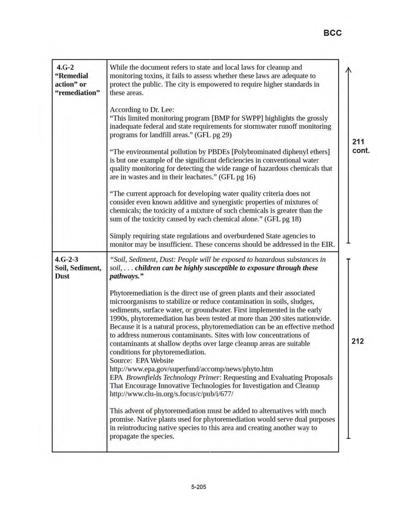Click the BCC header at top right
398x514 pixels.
coord(332,33)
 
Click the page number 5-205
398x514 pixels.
coord(199,487)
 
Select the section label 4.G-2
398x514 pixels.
coord(68,67)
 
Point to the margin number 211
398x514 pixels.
coord(359,142)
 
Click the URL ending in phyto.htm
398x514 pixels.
coord(191,369)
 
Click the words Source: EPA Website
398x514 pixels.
coord(142,360)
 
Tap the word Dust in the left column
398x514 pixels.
coord(63,276)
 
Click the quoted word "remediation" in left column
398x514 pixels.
coord(78,92)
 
